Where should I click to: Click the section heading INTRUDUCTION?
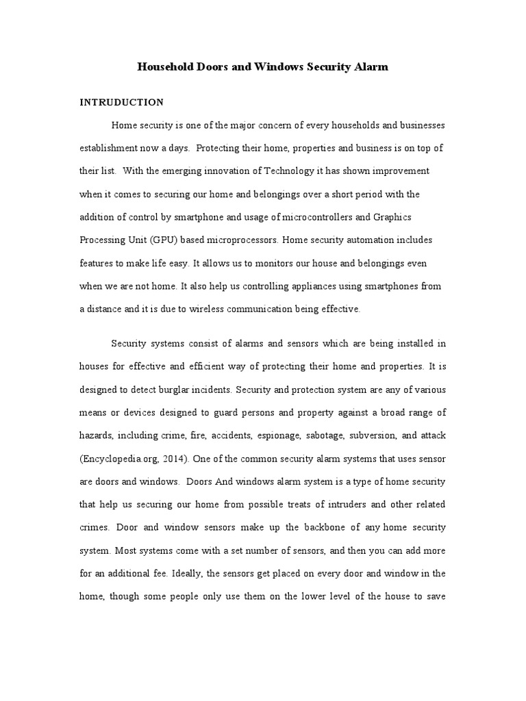tap(122, 103)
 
